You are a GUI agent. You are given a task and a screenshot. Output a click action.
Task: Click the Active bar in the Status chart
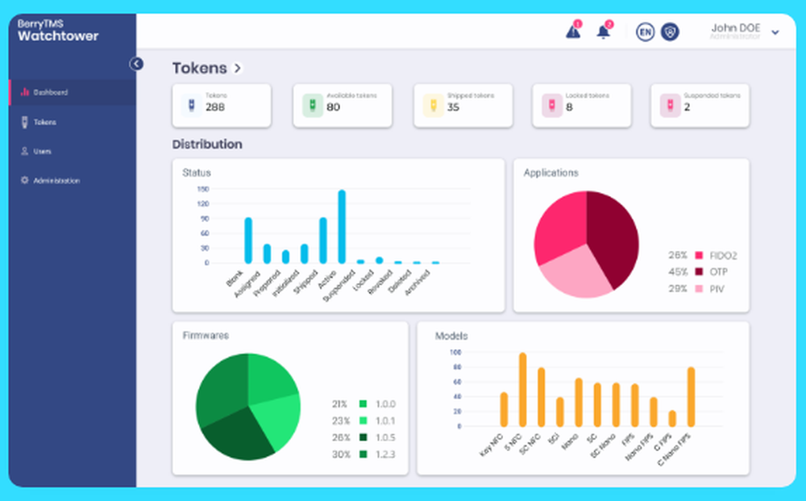tap(342, 227)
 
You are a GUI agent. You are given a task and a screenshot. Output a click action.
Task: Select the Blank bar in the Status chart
tap(248, 240)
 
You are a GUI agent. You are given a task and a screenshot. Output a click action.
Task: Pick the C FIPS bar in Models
tap(672, 419)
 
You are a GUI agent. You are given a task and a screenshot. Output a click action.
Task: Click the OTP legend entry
tap(709, 272)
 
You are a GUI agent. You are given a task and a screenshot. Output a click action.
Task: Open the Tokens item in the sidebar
tap(44, 123)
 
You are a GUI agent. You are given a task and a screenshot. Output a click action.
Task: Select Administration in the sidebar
tap(56, 181)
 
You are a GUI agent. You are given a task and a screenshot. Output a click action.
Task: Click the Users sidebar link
tap(42, 152)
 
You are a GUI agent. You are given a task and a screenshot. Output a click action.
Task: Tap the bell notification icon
tap(603, 32)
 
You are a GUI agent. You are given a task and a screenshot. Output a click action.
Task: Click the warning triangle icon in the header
tap(573, 32)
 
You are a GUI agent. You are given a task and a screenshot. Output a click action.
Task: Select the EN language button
tap(645, 31)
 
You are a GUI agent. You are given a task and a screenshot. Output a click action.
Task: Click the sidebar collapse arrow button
tap(137, 64)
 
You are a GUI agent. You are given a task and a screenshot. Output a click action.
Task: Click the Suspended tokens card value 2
tap(688, 107)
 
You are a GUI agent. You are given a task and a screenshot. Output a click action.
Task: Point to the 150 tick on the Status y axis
tap(202, 189)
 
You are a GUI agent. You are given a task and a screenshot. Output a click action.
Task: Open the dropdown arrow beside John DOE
tap(775, 32)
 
